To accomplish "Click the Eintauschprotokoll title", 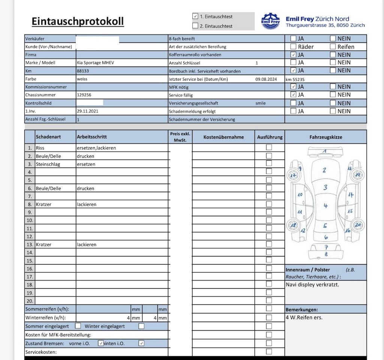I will (x=78, y=21).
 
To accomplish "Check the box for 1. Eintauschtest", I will (x=195, y=17).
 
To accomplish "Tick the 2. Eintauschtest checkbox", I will (x=195, y=26).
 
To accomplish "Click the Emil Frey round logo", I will (x=270, y=21).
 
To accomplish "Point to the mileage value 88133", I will (x=83, y=71).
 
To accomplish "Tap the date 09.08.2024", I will (x=266, y=79).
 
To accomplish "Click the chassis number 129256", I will (x=84, y=95).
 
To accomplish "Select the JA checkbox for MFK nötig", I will (x=293, y=87).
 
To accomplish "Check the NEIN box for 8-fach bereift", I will (x=333, y=38).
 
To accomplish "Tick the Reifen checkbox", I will (x=333, y=47).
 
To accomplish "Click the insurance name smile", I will (x=260, y=103).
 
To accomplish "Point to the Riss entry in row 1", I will (x=40, y=148).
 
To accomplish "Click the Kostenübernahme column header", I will (x=223, y=137).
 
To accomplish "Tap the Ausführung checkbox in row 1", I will (x=269, y=147).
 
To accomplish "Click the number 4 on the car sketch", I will (x=325, y=206).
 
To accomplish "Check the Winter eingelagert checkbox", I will (x=141, y=326).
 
